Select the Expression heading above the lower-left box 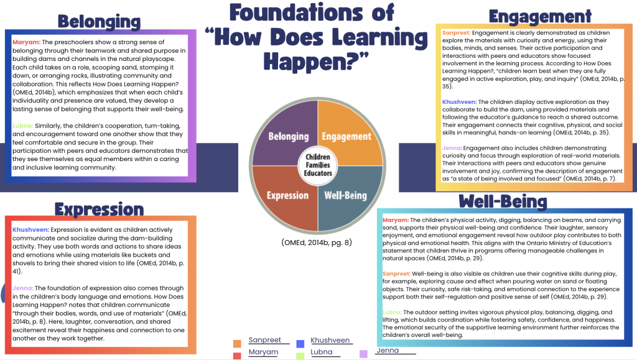point(99,209)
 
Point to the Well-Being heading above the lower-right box point(503,201)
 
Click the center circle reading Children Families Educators point(317,165)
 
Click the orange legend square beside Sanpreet point(237,343)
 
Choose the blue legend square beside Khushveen point(299,343)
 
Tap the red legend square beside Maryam point(237,355)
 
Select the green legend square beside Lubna point(299,355)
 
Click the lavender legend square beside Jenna point(364,354)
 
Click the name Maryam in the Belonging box point(26,42)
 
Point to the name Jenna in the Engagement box point(452,148)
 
